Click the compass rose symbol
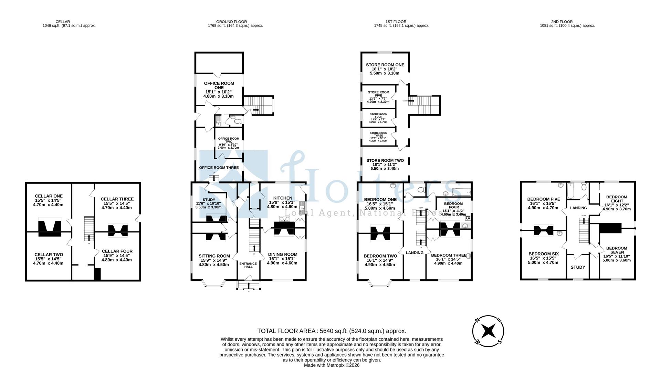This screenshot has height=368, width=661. (x=488, y=331)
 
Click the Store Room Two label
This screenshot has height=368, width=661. (x=385, y=161)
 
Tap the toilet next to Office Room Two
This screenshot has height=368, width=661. (x=237, y=120)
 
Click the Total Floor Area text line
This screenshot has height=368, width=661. (x=332, y=331)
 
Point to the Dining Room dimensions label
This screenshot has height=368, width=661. (x=282, y=263)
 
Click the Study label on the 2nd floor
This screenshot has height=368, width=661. (x=578, y=267)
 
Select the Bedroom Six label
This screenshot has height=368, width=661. (x=544, y=254)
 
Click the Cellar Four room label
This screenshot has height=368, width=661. (x=117, y=251)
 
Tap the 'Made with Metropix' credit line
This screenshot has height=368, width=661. (x=332, y=365)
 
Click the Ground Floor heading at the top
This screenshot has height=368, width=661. (x=231, y=22)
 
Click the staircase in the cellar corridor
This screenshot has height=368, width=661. (x=89, y=229)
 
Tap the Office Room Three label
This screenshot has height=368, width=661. (x=219, y=168)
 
